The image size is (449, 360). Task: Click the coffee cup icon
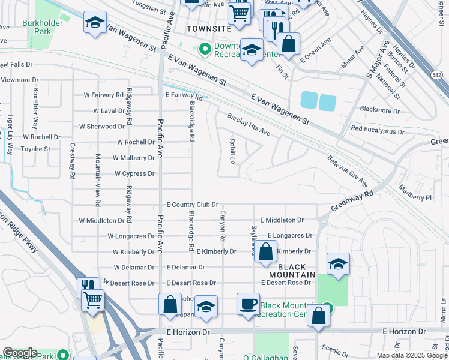pos(247,304)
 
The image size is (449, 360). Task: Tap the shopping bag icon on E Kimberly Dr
pos(265,253)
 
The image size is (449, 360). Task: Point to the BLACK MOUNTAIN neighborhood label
pos(296,271)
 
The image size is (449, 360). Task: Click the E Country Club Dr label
pos(191,205)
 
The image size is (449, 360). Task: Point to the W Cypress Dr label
pos(134,173)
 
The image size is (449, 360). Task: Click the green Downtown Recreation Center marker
pos(205,49)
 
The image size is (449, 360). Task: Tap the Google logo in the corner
pos(20,353)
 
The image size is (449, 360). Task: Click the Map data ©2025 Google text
pos(411,355)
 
